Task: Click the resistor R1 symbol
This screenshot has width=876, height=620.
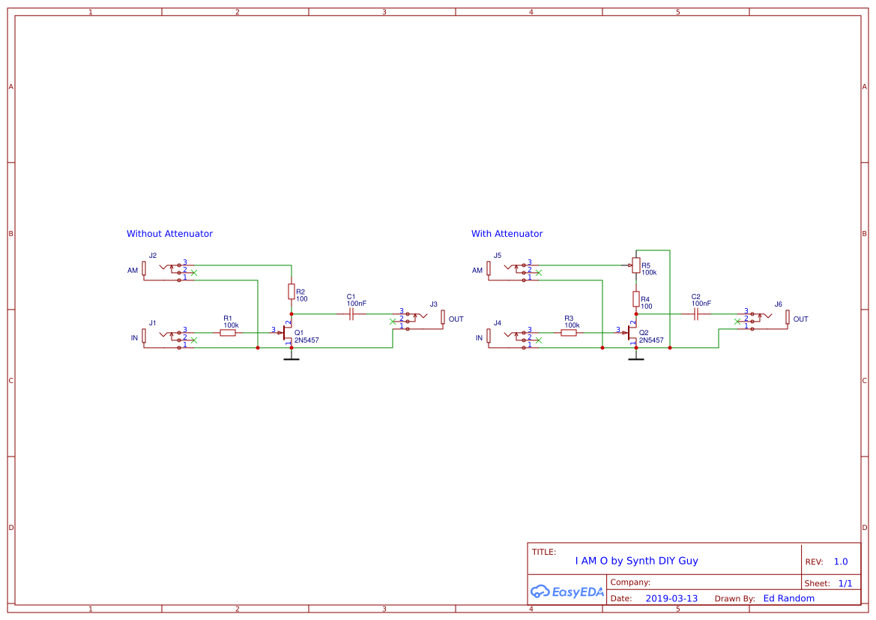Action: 228,333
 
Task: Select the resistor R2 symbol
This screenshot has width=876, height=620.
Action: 291,292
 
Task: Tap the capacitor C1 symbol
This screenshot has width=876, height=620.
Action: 351,315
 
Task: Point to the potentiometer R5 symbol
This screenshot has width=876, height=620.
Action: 635,265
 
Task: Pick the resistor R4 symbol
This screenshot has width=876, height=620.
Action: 635,299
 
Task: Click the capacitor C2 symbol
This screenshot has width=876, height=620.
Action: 696,315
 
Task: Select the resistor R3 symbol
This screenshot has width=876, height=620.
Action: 569,333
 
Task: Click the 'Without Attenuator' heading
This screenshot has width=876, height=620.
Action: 169,234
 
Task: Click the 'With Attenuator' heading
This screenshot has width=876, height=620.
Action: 507,234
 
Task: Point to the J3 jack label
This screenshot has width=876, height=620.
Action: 433,304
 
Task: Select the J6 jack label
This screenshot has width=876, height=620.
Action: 778,304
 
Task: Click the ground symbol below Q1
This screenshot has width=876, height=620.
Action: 291,359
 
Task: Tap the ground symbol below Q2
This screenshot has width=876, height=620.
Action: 635,359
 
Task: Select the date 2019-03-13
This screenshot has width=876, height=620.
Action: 671,598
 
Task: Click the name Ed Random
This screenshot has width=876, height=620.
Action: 788,598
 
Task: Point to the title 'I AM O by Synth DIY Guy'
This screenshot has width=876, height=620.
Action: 636,561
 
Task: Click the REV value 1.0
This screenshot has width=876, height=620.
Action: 841,562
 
